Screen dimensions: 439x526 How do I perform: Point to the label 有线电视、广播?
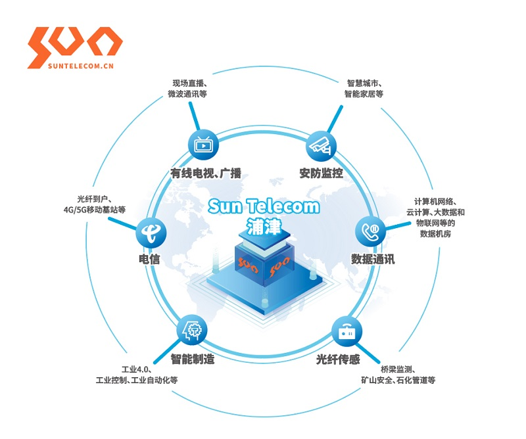click(206, 173)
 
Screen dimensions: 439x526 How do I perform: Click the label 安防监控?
click(322, 173)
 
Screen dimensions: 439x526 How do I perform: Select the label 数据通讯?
click(373, 259)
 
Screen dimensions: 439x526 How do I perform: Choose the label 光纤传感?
click(338, 359)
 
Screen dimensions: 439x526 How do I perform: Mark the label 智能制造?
click(193, 359)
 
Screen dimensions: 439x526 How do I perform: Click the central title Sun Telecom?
click(264, 206)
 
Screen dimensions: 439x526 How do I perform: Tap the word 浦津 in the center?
click(263, 225)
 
